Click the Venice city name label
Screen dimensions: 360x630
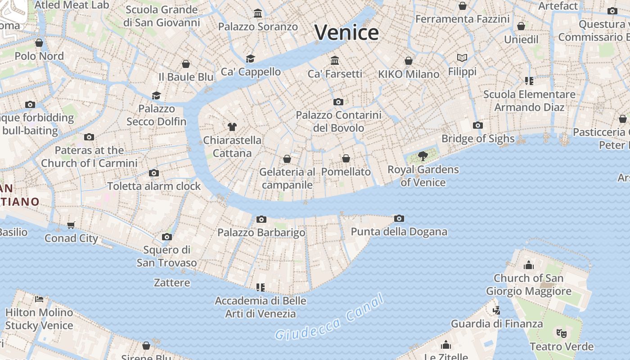[x=346, y=33]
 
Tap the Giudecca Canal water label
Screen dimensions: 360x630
[x=330, y=318]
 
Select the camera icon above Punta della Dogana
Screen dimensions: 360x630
[x=399, y=219]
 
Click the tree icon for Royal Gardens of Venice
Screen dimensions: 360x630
[x=423, y=156]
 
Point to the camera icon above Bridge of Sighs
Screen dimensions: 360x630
[x=478, y=125]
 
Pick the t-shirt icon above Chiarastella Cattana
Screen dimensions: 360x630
[x=232, y=127]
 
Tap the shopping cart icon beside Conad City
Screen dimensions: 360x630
[x=71, y=225]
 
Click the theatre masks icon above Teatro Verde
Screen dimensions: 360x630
[x=561, y=333]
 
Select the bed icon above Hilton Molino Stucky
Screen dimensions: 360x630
[x=39, y=299]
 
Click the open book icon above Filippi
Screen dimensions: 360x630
[x=462, y=58]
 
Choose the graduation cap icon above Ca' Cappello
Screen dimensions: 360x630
[x=250, y=58]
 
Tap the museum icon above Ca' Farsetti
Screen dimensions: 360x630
[x=335, y=60]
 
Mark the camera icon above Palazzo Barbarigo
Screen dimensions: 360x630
[x=261, y=219]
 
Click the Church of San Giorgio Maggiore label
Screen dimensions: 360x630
[x=528, y=284]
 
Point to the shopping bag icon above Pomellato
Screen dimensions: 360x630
[x=346, y=158]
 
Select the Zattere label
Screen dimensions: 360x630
[x=172, y=283]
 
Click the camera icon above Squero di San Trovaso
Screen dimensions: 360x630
[x=166, y=237]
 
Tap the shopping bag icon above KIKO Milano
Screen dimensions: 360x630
[x=409, y=61]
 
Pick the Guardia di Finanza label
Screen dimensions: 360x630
[x=497, y=324]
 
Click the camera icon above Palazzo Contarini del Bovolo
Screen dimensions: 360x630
[x=338, y=102]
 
